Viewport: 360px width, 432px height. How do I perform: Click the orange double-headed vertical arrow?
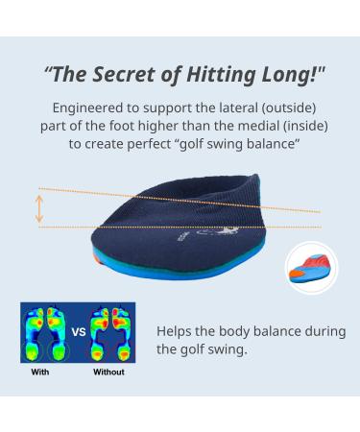(x=39, y=208)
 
